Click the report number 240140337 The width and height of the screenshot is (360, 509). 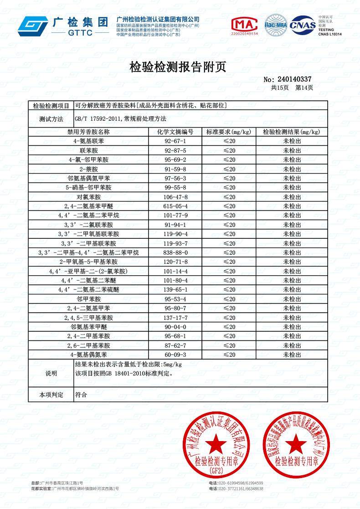[x=294, y=79]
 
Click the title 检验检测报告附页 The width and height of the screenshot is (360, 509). [x=178, y=67]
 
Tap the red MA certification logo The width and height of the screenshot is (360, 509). [x=245, y=25]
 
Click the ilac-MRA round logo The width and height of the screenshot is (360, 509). [x=276, y=25]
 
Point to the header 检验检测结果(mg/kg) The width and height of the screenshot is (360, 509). [x=292, y=132]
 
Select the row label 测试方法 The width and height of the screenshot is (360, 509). [x=51, y=119]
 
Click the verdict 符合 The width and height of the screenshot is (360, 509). [x=81, y=395]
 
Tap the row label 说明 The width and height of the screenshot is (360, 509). [x=51, y=373]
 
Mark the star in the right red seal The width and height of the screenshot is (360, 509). [x=295, y=442]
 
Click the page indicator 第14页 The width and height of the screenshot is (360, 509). [x=304, y=87]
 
